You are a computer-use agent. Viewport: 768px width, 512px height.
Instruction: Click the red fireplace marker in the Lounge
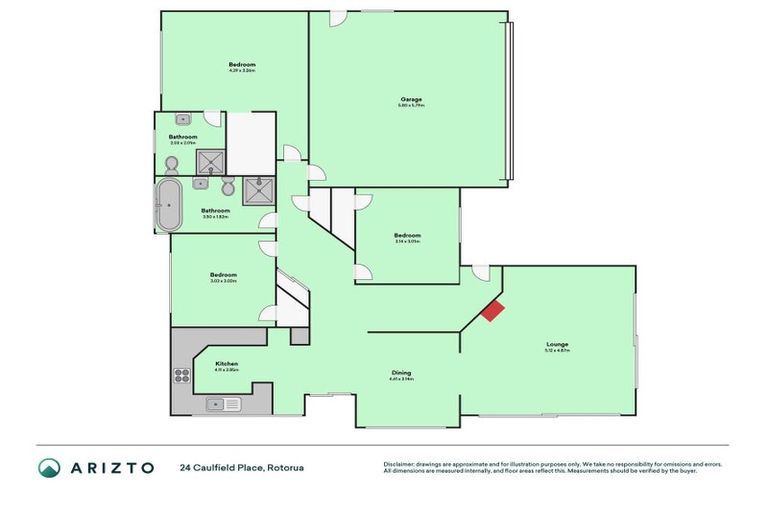click(492, 311)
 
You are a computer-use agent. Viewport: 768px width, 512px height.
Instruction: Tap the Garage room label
click(412, 100)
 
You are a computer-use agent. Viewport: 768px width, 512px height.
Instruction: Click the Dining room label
click(401, 373)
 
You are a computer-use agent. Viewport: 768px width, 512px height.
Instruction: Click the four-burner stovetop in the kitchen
click(183, 376)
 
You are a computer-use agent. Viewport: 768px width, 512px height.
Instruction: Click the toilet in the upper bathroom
click(171, 163)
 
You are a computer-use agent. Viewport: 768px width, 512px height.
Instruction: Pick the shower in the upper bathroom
click(210, 161)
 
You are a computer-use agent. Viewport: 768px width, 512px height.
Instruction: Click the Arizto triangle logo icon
click(49, 467)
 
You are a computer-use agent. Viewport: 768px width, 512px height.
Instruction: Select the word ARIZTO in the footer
click(111, 467)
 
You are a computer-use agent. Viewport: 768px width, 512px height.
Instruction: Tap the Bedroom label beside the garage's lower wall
click(407, 236)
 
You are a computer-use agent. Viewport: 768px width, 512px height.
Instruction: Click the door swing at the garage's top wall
click(338, 18)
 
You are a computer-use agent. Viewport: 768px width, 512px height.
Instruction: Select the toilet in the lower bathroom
click(228, 187)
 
